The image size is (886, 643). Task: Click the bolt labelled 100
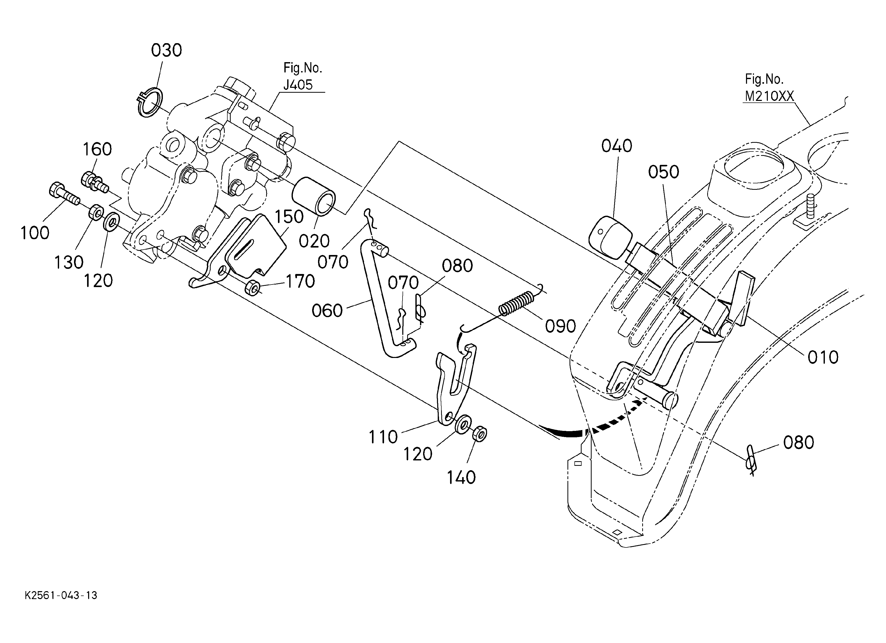[64, 195]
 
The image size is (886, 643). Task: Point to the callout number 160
[97, 149]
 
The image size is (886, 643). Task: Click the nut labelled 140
[480, 434]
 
